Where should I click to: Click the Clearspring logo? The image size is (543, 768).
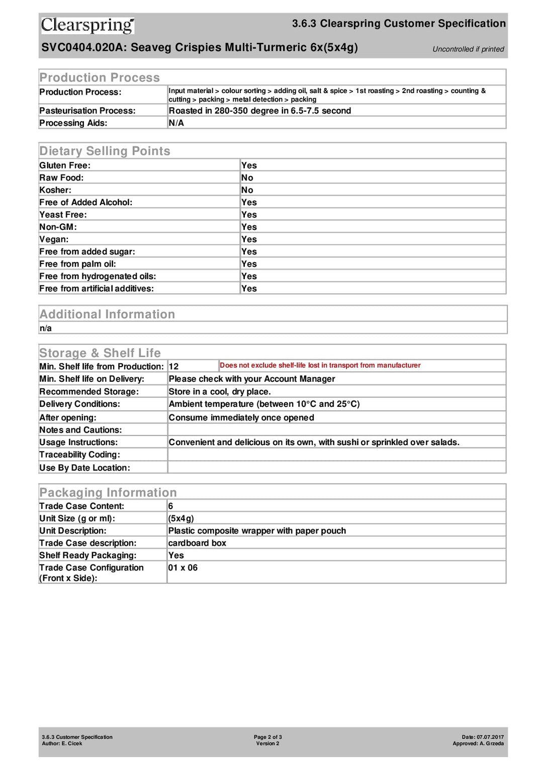click(87, 25)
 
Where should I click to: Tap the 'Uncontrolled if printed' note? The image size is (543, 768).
click(468, 49)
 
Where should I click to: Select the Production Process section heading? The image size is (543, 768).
click(100, 77)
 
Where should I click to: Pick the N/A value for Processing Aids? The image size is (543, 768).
click(176, 123)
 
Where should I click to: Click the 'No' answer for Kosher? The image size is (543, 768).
click(247, 190)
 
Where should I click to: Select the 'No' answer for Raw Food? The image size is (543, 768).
click(247, 178)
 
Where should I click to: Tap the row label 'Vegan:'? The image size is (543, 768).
click(54, 239)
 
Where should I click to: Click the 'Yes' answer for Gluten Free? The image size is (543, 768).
click(249, 165)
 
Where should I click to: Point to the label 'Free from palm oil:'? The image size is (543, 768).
click(77, 264)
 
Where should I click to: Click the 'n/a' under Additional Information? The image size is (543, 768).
click(45, 328)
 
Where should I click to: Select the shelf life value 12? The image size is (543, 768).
click(173, 367)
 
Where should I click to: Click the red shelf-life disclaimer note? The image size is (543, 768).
click(320, 365)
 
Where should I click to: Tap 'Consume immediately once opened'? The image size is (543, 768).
click(241, 417)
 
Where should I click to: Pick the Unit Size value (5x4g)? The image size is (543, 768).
click(181, 519)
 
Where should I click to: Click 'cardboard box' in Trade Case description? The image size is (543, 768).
click(197, 543)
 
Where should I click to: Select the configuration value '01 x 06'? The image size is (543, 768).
click(183, 568)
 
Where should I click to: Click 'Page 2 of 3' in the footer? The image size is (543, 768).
click(267, 737)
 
